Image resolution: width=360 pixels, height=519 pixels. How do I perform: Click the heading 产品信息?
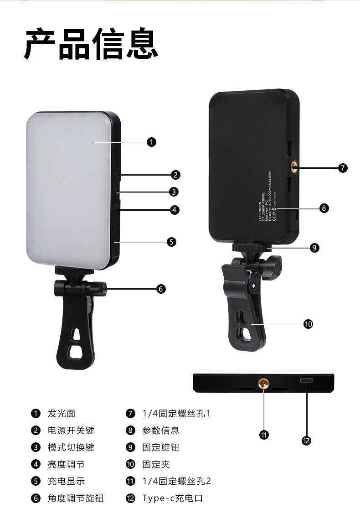(x=91, y=44)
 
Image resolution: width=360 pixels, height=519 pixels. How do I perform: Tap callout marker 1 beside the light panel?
(x=152, y=142)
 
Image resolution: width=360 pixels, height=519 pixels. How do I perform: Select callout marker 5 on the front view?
(x=171, y=242)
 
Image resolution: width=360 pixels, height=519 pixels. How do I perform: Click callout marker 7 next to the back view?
(x=343, y=168)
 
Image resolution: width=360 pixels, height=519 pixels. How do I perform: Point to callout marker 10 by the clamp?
(x=309, y=324)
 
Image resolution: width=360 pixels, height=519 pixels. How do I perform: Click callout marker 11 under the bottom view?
(x=263, y=435)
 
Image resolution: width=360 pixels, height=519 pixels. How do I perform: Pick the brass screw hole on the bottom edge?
(x=264, y=382)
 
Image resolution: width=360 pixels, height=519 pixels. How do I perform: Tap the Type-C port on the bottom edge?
(x=306, y=380)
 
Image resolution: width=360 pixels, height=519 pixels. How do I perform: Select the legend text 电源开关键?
(x=71, y=431)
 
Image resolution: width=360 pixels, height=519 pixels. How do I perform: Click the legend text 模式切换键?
(x=71, y=447)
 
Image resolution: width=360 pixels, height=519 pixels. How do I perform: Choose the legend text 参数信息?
(x=160, y=431)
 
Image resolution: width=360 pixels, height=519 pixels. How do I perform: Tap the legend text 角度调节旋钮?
(x=76, y=498)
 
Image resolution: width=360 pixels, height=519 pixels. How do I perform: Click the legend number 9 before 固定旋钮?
(x=130, y=447)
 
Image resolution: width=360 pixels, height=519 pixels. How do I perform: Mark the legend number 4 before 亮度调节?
(x=36, y=464)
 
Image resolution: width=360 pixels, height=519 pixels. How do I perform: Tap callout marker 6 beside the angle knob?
(x=160, y=289)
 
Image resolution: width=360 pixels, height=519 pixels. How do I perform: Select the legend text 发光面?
(x=62, y=414)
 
